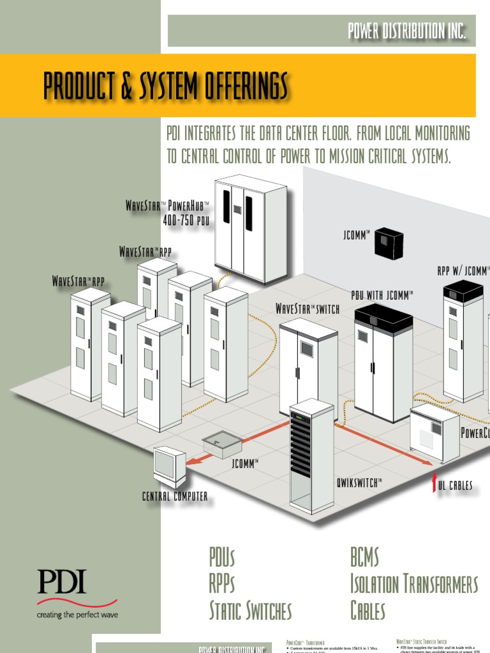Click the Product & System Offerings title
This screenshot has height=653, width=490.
166,86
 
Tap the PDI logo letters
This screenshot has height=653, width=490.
61,582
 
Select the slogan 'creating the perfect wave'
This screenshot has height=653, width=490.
77,615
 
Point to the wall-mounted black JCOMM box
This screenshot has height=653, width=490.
389,243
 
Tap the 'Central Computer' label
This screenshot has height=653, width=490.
175,496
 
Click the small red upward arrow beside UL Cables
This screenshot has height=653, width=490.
434,484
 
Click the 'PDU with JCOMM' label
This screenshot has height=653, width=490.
383,295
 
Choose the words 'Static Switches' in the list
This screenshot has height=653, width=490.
250,610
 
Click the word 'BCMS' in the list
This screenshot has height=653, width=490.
364,557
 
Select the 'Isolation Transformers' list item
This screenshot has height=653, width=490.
413,583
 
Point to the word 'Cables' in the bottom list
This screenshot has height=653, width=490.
368,610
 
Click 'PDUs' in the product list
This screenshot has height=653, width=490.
222,557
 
